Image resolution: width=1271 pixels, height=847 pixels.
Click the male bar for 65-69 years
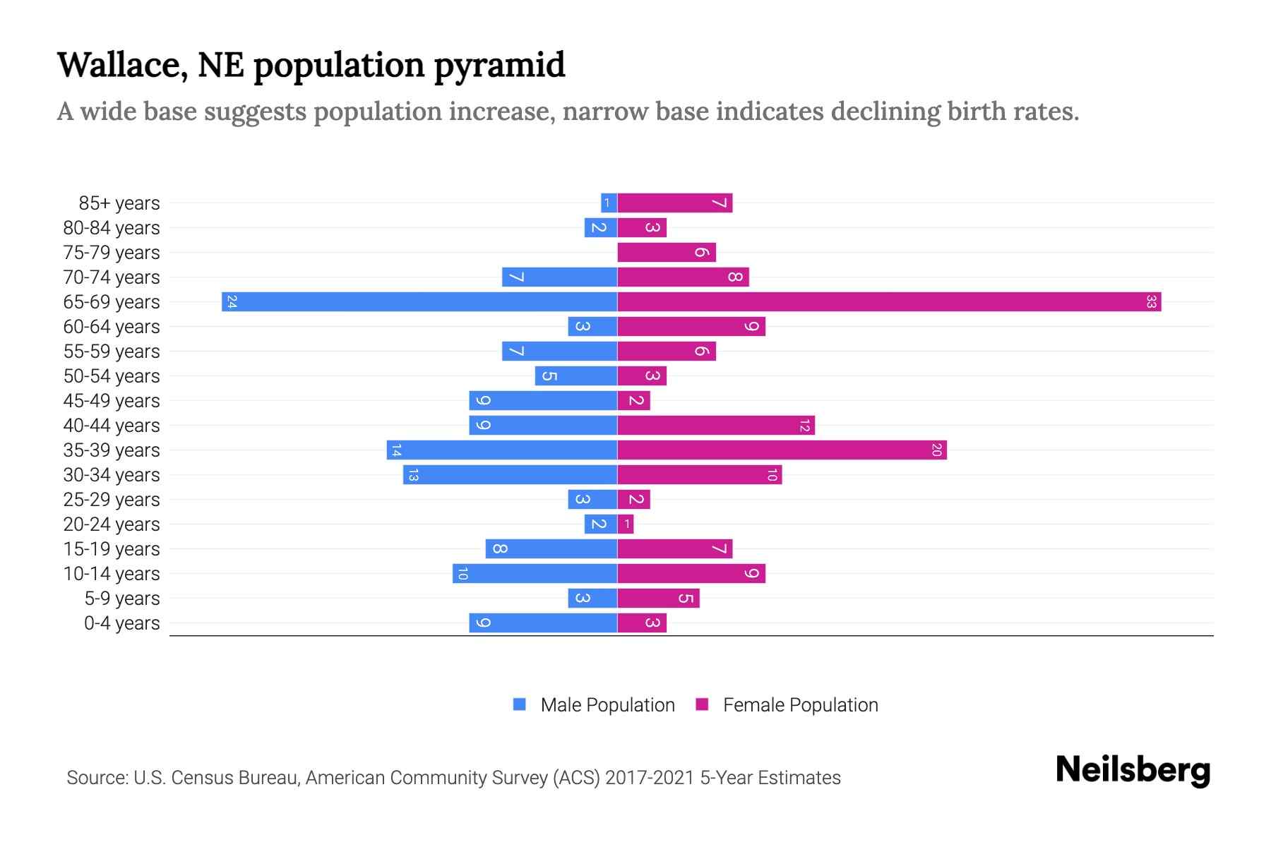tap(419, 302)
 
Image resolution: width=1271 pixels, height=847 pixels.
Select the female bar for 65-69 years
tap(889, 302)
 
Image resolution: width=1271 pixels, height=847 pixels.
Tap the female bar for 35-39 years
tap(782, 450)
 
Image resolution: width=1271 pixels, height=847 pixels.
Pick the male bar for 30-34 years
tap(510, 475)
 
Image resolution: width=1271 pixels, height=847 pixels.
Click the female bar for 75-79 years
tap(667, 253)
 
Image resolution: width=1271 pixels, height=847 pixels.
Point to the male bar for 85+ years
tap(609, 203)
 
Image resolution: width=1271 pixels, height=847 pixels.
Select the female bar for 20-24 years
tap(626, 524)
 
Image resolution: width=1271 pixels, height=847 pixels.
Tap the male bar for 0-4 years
tap(543, 623)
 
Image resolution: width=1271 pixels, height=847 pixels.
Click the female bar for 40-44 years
tap(716, 426)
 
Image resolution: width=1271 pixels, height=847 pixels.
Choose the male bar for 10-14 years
tap(535, 574)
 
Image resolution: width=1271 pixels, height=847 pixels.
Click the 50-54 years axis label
tap(112, 376)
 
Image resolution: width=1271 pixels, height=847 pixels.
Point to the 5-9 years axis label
tap(122, 599)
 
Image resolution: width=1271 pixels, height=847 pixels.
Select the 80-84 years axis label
tap(112, 228)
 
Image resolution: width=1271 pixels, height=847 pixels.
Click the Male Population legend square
tap(520, 704)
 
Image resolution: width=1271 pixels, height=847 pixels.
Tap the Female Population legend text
tap(800, 705)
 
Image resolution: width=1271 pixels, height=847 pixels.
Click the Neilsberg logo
tap(1133, 770)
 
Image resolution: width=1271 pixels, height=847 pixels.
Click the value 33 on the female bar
tap(1151, 302)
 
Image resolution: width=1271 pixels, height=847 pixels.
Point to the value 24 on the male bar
tap(232, 302)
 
